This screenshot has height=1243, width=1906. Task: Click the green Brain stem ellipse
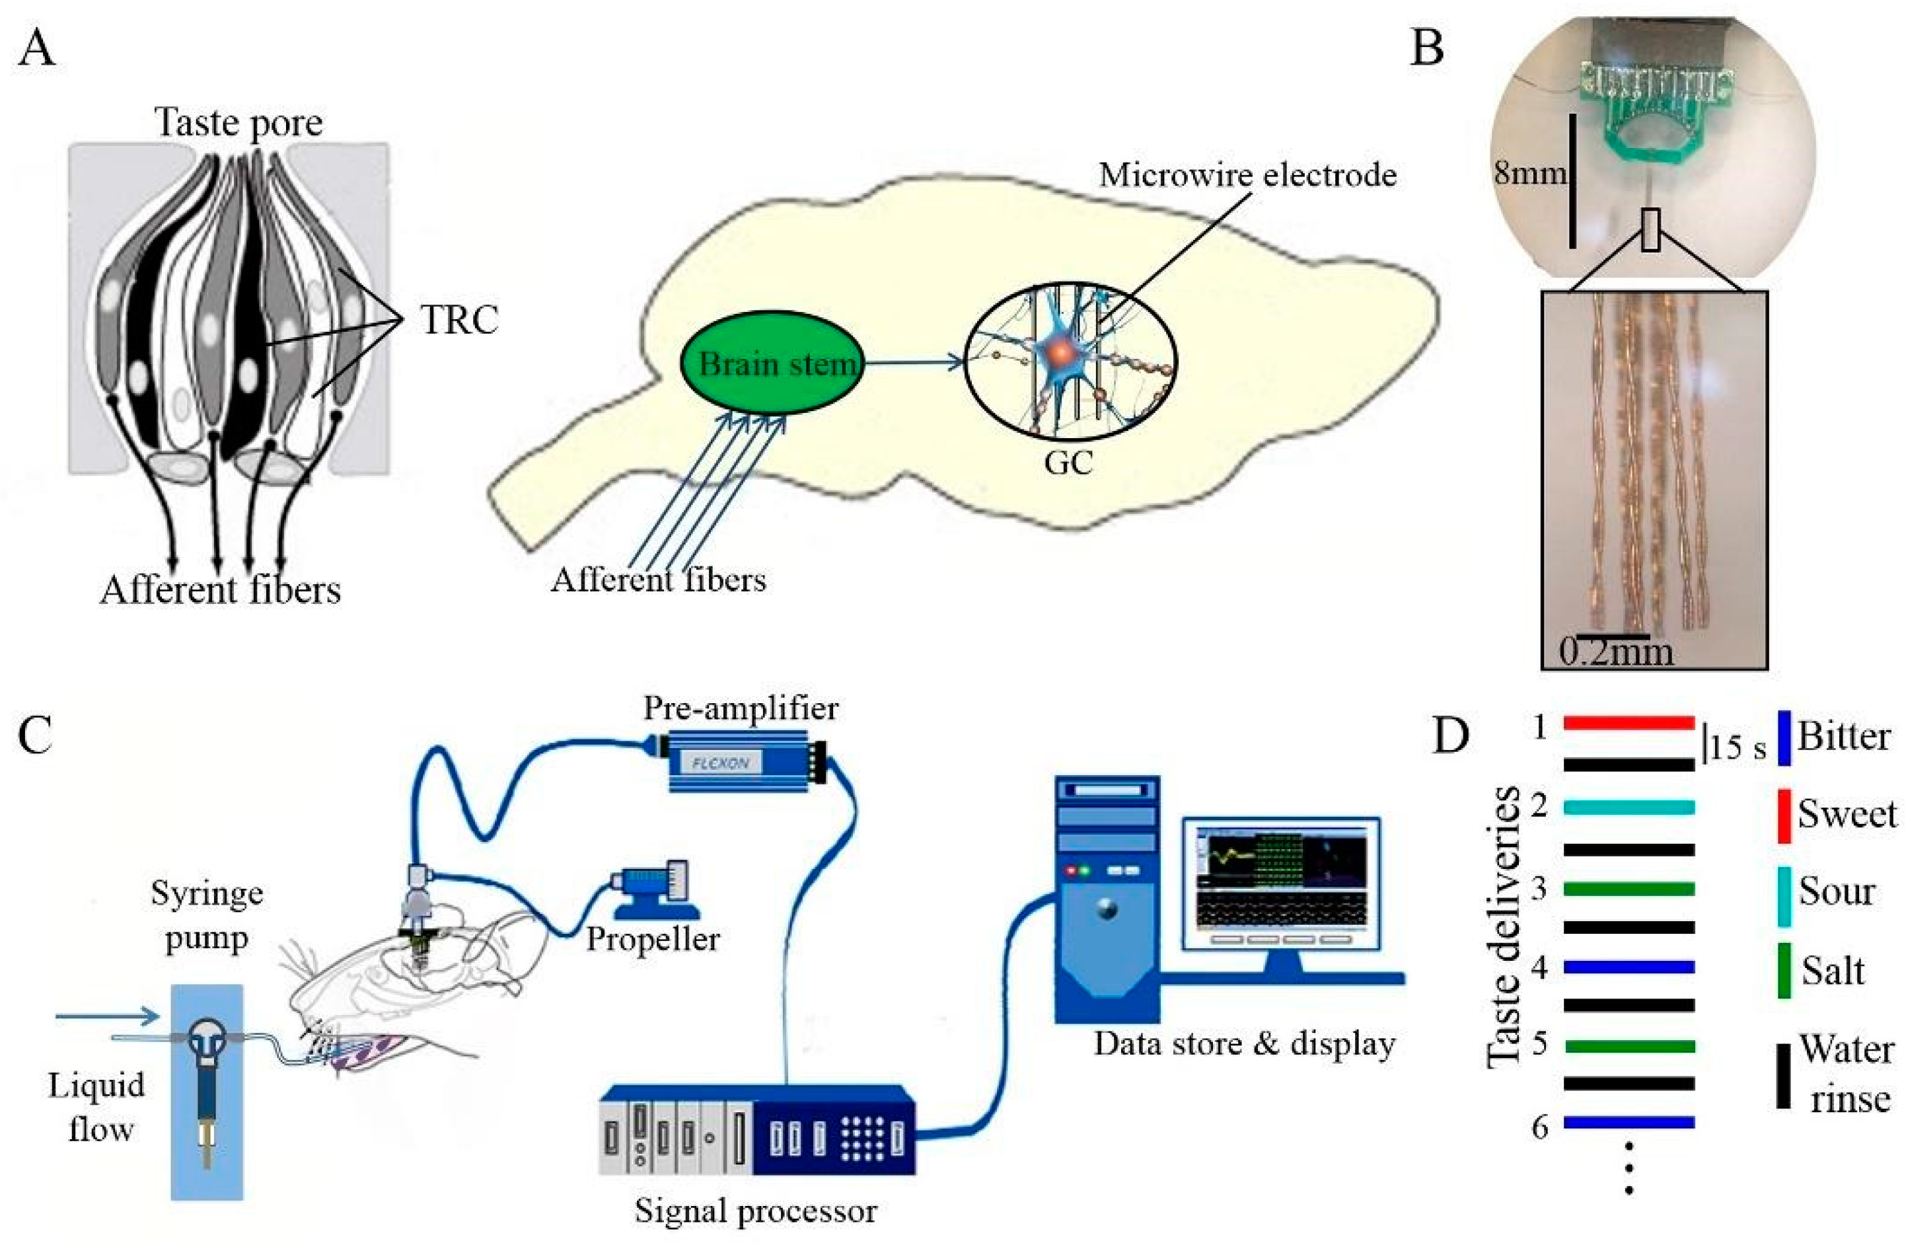tap(771, 363)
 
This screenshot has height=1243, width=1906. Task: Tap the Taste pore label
tap(238, 122)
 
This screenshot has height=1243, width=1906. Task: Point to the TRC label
tap(460, 320)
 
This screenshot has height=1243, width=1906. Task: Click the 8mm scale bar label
tap(1528, 172)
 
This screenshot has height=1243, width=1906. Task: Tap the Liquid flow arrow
tap(108, 1017)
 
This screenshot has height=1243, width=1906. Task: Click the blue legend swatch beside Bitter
tap(1784, 737)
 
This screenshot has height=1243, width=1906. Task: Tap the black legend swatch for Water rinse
tap(1784, 1076)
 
